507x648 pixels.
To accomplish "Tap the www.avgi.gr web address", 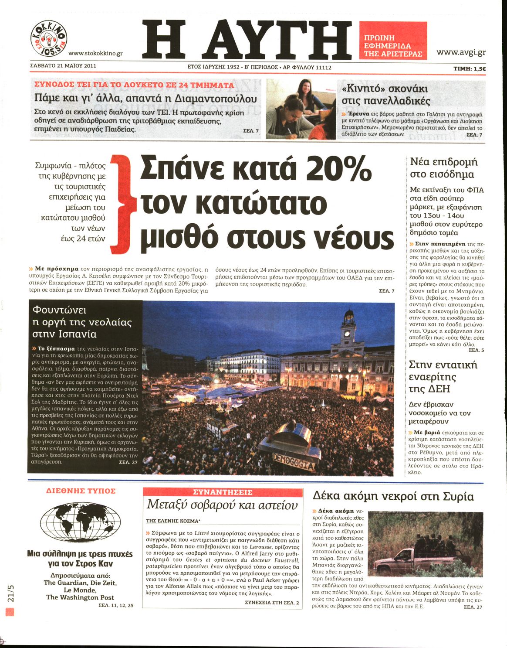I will point(461,53).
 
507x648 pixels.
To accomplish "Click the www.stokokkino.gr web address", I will point(96,53).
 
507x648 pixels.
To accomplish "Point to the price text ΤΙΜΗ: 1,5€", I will point(470,68).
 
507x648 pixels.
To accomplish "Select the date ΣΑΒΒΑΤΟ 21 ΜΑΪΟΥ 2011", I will point(63,66).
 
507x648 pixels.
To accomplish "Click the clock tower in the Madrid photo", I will point(348,331).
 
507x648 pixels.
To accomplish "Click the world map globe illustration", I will point(80,522).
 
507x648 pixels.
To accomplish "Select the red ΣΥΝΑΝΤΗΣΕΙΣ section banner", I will point(223,492).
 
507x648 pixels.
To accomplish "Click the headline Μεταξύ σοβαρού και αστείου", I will point(222,505).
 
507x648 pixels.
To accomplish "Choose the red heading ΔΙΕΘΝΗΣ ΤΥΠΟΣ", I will point(81,491).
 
